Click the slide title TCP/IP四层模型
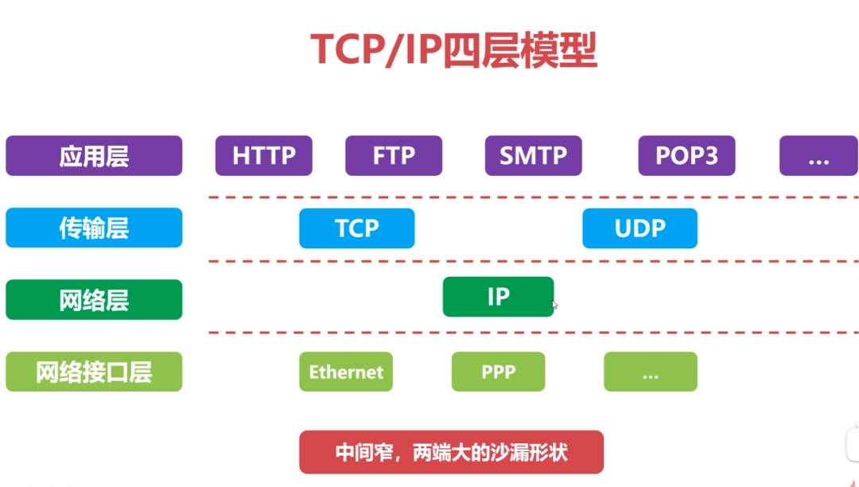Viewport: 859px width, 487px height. pos(453,50)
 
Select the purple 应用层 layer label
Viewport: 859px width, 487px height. pos(94,156)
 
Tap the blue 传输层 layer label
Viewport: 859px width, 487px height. pos(94,228)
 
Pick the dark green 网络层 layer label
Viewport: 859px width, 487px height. pos(94,300)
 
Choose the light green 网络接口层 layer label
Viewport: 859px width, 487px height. pos(94,372)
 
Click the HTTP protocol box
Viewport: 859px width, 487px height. pos(264,156)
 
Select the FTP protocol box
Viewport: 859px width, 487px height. pos(394,156)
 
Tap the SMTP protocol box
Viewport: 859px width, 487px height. pos(533,156)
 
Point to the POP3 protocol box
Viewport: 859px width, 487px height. pos(686,156)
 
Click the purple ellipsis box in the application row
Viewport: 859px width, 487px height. pos(818,156)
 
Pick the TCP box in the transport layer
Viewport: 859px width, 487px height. pos(356,228)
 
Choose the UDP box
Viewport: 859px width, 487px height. pos(639,228)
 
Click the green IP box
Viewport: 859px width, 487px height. pos(498,297)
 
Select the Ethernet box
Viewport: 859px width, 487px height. pos(346,372)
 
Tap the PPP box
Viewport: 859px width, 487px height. pos(498,372)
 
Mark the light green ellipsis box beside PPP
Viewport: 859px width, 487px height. pos(650,372)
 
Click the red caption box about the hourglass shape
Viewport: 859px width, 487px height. pos(451,453)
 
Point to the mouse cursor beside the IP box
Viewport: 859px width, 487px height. pos(554,305)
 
